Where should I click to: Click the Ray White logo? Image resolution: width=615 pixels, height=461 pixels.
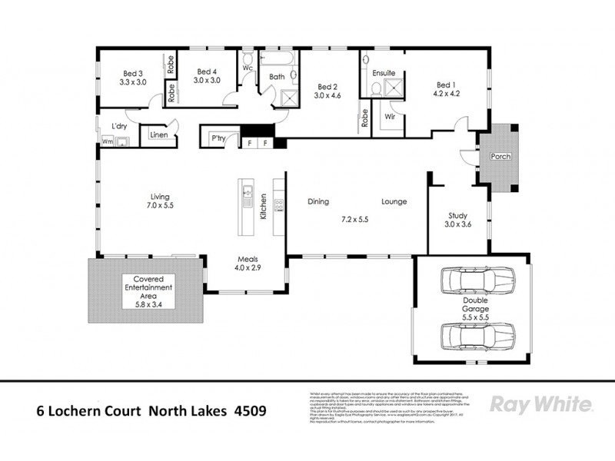[540, 404]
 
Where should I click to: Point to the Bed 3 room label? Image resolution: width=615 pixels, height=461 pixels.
[132, 75]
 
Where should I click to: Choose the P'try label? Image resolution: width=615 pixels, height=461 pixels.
[217, 139]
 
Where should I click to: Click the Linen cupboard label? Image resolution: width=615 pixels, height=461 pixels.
[159, 136]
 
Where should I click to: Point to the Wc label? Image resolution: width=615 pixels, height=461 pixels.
[248, 68]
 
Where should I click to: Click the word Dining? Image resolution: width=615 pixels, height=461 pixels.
[318, 202]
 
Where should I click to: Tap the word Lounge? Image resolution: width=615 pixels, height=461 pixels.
[394, 202]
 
